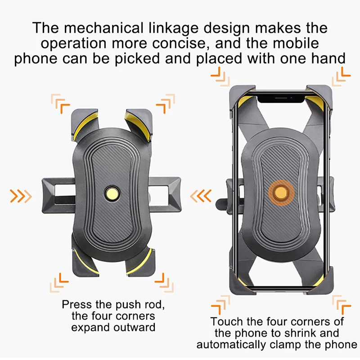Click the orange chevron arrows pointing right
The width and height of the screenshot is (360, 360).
pyautogui.click(x=21, y=196)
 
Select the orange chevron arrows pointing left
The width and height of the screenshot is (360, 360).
pyautogui.click(x=200, y=196)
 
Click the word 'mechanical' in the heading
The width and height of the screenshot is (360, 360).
pyautogui.click(x=105, y=28)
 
